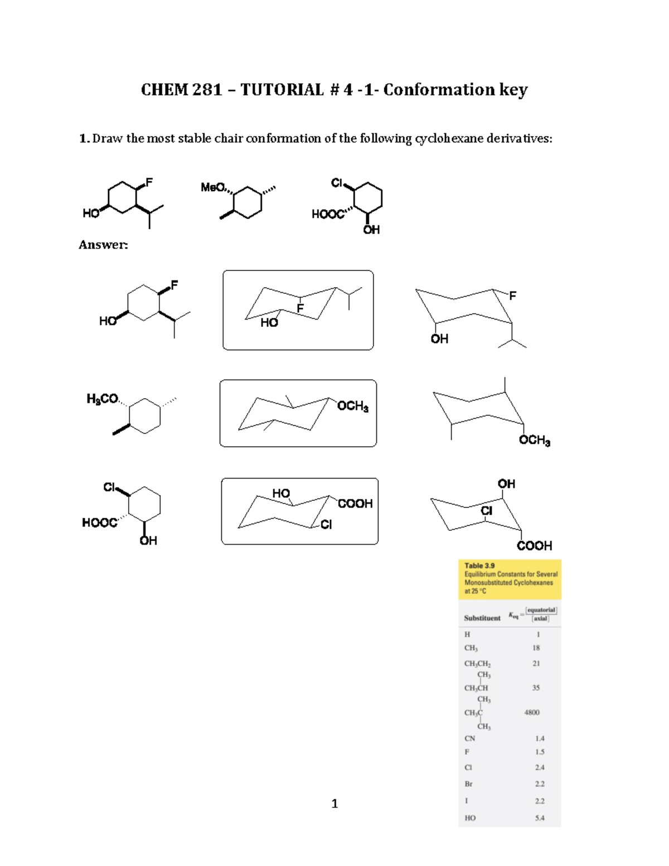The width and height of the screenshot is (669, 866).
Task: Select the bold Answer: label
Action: tap(103, 245)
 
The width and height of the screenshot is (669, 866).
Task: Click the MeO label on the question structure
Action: tap(213, 187)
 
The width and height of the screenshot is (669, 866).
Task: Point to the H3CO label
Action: tap(102, 399)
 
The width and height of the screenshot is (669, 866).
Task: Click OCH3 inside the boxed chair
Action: tap(352, 406)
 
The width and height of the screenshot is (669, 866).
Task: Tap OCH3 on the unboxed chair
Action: tap(534, 441)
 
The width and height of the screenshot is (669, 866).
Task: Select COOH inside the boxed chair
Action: tap(355, 504)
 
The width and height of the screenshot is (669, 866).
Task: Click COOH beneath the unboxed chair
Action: tap(534, 546)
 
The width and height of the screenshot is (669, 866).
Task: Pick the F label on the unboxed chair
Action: tap(512, 296)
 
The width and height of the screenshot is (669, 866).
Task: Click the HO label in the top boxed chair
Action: tap(269, 322)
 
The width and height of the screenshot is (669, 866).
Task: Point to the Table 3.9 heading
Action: tap(479, 565)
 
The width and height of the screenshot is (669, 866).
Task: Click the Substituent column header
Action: tap(482, 618)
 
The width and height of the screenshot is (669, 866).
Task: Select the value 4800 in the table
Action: tap(531, 712)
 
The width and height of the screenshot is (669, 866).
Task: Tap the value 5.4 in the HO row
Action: tap(539, 818)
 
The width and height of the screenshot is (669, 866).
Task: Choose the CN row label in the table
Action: tap(469, 738)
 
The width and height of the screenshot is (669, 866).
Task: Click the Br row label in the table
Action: tap(468, 783)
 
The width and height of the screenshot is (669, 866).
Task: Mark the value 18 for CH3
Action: tap(536, 648)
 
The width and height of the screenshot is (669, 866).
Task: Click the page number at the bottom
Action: tap(334, 804)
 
